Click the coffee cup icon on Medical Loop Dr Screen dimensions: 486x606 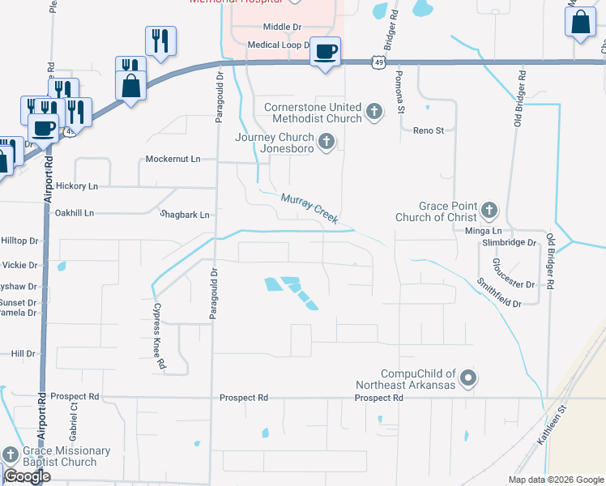point(326,52)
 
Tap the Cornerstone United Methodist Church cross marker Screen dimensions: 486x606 point(374,111)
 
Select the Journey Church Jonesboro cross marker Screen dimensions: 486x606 point(326,143)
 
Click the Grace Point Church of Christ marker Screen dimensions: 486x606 point(489,211)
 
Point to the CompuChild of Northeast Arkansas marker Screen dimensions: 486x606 point(468,377)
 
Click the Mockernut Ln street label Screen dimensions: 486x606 point(173,159)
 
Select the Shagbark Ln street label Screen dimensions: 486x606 point(185,215)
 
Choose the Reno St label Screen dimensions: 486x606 point(429,130)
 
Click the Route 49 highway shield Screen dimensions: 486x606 point(379,61)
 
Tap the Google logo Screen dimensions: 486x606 point(28,476)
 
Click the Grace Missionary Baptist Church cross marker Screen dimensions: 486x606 point(10,456)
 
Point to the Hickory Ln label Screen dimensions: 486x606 point(76,186)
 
